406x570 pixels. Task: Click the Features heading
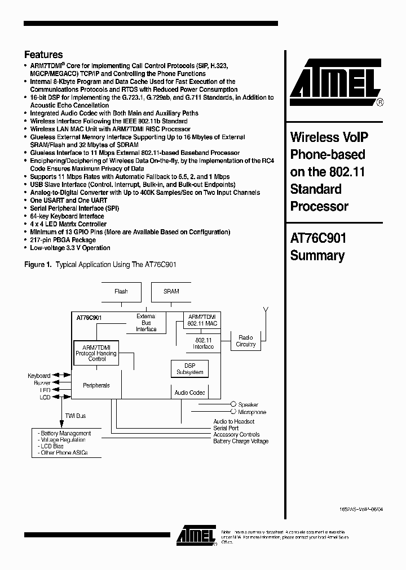pos(43,55)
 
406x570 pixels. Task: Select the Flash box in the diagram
pos(121,291)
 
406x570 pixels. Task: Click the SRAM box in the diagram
pos(171,291)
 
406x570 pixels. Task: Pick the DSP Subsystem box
pos(190,369)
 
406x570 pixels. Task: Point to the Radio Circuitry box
pos(246,341)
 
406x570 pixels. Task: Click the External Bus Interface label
pos(146,323)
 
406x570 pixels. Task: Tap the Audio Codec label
pos(190,393)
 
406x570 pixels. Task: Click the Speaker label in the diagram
pos(248,404)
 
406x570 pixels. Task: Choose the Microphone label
pos(251,412)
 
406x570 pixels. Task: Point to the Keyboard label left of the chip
pos(39,376)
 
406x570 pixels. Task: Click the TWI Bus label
pos(75,416)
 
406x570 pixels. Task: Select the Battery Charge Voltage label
pos(241,441)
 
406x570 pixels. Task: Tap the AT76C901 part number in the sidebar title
pos(318,238)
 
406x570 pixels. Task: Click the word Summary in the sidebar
pos(317,256)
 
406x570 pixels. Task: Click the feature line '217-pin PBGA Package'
pos(63,240)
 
